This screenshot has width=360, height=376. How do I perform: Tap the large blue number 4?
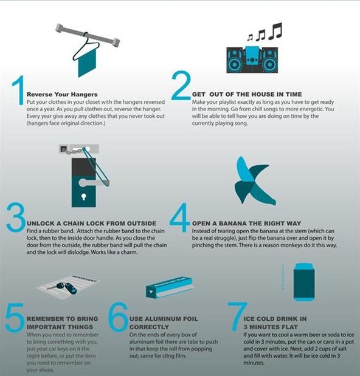click(179, 217)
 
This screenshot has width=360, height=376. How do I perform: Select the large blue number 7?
click(237, 316)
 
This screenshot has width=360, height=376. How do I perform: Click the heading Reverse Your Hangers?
click(62, 94)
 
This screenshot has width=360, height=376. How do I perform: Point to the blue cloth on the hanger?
click(87, 63)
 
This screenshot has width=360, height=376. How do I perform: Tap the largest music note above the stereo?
click(275, 31)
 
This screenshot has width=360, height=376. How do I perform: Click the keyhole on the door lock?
click(83, 197)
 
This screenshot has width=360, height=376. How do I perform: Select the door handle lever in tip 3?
click(94, 183)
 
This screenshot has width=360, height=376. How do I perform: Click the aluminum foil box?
click(169, 287)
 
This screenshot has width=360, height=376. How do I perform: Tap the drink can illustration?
click(303, 282)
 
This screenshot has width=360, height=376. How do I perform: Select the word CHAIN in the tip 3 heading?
click(74, 224)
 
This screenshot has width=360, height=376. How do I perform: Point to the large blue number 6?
click(118, 316)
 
